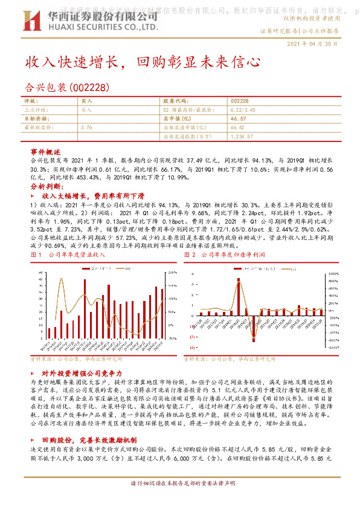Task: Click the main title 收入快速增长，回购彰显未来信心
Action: tap(143, 62)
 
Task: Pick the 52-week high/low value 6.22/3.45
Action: tap(244, 110)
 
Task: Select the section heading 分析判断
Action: tap(47, 187)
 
